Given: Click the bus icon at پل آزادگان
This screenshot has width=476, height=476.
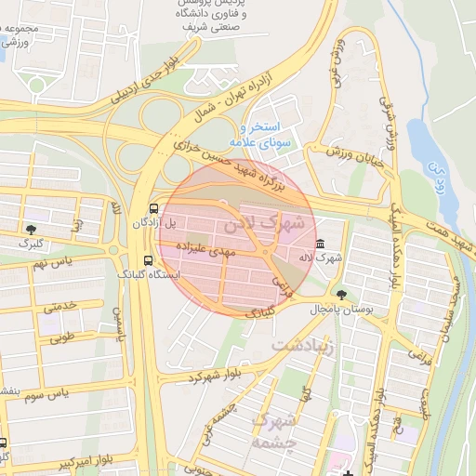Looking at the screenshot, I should tap(153, 208).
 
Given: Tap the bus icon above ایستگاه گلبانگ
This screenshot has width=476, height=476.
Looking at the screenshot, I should tap(148, 261).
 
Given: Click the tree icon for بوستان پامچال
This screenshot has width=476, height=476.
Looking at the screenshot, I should tap(342, 294).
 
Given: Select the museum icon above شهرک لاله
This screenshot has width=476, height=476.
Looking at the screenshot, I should tap(321, 244).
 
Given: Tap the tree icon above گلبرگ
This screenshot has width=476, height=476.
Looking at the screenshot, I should tap(33, 228).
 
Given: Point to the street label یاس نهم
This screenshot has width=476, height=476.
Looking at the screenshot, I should tap(53, 265).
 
